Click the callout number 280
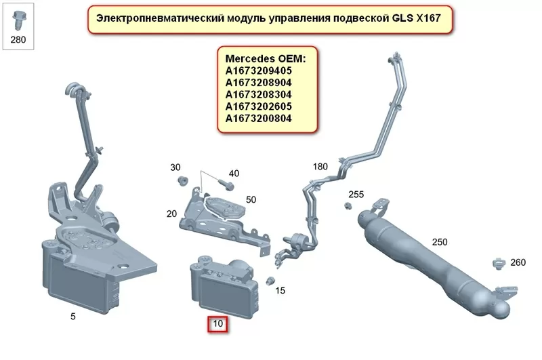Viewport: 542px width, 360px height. [18, 39]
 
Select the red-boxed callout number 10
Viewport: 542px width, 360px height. [217, 324]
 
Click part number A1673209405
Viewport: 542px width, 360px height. [259, 71]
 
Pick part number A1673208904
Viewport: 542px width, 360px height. [259, 83]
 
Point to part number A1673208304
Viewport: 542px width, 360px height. [259, 95]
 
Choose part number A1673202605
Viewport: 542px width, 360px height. [259, 107]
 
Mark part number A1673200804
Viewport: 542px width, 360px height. [259, 119]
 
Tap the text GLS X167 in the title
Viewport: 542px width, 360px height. [412, 18]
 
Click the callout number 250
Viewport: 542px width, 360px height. [440, 241]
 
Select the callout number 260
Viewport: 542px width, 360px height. [518, 263]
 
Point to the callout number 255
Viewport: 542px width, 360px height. [356, 195]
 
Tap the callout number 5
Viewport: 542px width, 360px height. [73, 316]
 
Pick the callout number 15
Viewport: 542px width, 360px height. [280, 291]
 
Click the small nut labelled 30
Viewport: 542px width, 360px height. [182, 180]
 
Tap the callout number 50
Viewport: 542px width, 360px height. [251, 199]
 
